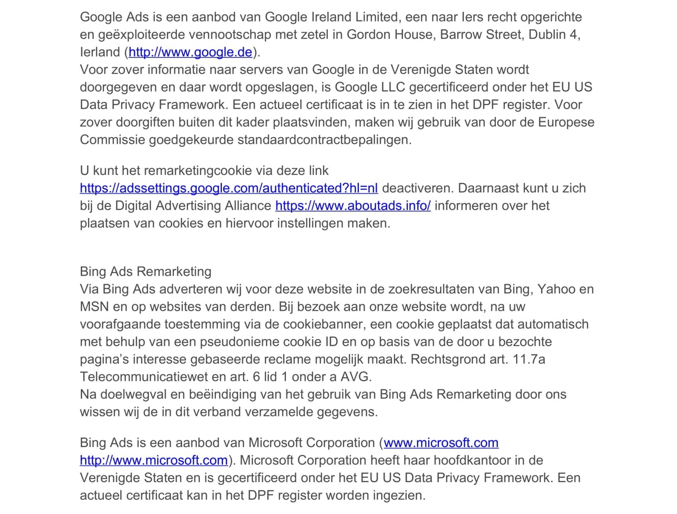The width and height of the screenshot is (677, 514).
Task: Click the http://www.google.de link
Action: [190, 52]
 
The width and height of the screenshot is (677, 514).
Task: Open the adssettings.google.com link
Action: [229, 188]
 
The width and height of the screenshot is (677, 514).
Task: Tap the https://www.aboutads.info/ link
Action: [353, 206]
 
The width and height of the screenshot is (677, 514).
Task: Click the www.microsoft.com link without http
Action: [441, 443]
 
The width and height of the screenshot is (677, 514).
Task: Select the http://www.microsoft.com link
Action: [154, 460]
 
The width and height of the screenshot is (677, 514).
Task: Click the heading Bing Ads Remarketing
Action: [145, 272]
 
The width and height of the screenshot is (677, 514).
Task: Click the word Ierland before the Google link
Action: [100, 52]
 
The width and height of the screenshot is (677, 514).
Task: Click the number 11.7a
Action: [529, 359]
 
